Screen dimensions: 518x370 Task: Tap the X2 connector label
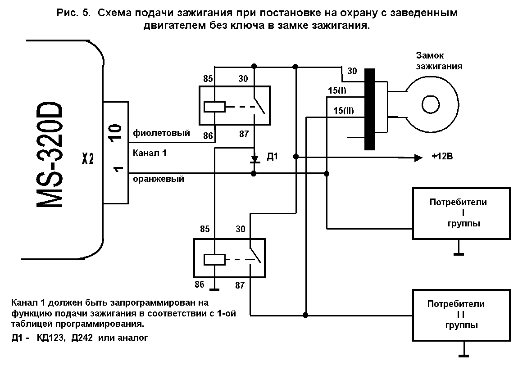88,158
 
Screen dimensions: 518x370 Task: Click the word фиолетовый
161,133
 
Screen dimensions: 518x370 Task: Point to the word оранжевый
158,179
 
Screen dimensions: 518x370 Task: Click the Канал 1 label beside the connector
150,153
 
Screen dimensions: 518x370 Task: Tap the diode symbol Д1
254,159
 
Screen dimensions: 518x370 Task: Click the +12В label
442,156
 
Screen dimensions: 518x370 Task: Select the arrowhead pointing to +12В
418,158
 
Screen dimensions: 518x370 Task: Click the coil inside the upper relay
214,107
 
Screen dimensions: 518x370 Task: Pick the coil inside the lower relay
214,260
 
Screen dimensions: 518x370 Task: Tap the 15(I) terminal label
337,90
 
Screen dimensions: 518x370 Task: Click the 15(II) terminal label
344,111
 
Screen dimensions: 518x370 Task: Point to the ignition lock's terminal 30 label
352,71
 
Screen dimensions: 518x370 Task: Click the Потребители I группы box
462,213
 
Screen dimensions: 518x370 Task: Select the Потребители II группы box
462,315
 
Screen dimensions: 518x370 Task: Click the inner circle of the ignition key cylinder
431,105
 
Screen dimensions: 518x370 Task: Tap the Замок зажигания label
439,61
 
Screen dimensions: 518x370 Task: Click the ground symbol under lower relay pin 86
214,290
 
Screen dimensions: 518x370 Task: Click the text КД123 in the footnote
50,338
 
